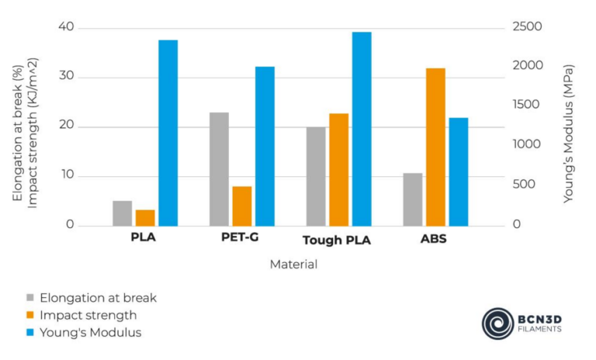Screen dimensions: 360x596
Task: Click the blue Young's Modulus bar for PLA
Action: point(168,133)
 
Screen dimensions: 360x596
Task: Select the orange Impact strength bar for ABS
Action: point(435,147)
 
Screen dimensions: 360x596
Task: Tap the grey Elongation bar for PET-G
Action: point(219,169)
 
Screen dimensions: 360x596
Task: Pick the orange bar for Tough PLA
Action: point(338,169)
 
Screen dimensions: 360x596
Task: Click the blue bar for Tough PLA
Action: point(362,129)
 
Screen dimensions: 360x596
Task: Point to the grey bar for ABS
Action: point(413,199)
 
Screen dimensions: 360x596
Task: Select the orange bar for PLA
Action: point(145,217)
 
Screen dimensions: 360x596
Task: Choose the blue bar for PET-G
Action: point(265,146)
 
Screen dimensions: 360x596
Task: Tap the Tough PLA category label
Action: point(336,240)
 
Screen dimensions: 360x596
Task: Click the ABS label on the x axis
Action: point(433,237)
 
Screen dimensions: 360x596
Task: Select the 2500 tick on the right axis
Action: point(525,28)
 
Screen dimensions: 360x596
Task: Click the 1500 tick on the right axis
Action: point(525,106)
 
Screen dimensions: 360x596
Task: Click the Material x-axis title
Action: point(293,265)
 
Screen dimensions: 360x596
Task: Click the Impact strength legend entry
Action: point(88,315)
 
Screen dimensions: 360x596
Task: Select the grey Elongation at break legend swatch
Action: point(29,298)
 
